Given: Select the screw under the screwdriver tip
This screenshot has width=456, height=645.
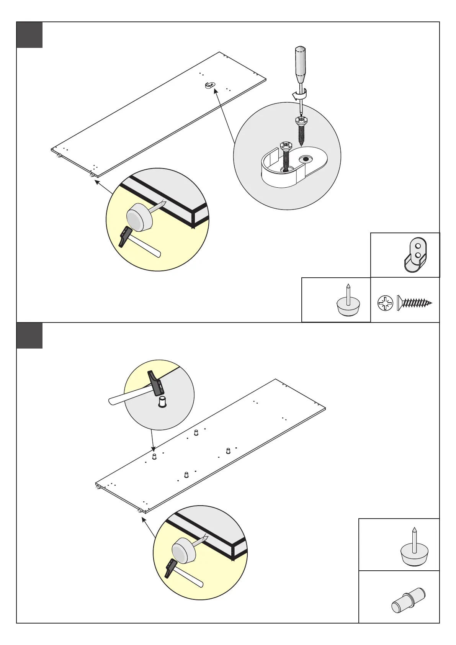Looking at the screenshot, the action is coord(301,130).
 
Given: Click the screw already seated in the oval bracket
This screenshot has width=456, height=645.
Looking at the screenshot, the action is coord(286,155).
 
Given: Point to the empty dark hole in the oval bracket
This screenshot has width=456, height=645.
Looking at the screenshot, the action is coord(306,159).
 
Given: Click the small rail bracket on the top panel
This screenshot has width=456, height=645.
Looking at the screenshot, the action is coord(209,85).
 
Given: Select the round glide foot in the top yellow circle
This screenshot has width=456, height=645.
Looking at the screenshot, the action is coord(139,217).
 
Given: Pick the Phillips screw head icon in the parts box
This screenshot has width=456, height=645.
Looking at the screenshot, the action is coord(385,303).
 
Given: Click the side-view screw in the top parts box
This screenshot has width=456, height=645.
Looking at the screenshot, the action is coord(414,303).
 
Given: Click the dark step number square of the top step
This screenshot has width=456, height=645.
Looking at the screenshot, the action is coord(29,35).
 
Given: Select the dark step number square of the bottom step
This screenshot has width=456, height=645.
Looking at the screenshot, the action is coord(29,336).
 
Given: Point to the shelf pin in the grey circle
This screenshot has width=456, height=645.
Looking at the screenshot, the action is coord(163,403).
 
